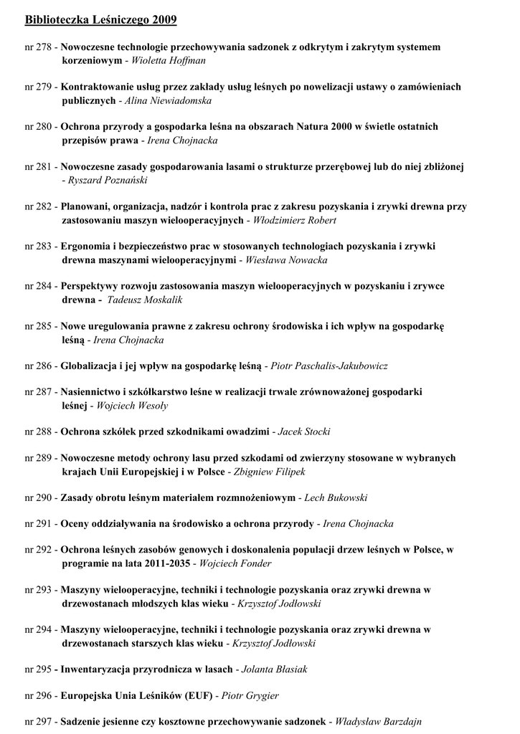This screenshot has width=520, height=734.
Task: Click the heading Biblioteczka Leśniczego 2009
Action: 100,20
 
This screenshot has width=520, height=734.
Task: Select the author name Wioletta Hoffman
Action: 169,61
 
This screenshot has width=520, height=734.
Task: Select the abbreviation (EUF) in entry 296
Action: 189,696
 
